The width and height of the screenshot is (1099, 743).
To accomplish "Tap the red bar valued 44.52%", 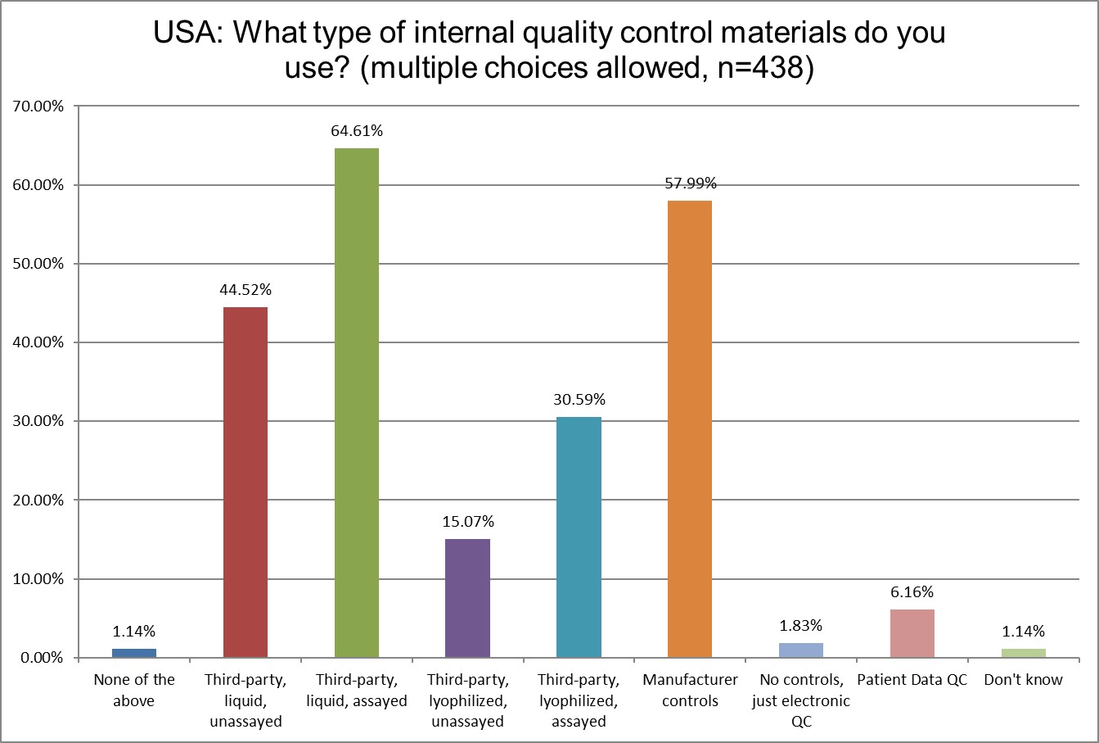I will pyautogui.click(x=245, y=482).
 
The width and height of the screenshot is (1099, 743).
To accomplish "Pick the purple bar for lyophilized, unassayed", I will pyautogui.click(x=468, y=598).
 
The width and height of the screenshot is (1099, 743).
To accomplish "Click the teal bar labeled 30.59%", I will pyautogui.click(x=579, y=537).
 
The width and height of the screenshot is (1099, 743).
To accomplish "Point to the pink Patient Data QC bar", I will pyautogui.click(x=912, y=633).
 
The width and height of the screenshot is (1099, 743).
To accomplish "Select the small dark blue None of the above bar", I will pyautogui.click(x=134, y=653).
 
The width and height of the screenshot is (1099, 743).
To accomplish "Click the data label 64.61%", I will pyautogui.click(x=357, y=131).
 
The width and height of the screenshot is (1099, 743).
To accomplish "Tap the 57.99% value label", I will pyautogui.click(x=690, y=183).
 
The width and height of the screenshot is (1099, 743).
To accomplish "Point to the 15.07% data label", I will pyautogui.click(x=468, y=522).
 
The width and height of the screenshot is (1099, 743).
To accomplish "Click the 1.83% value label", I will pyautogui.click(x=801, y=626).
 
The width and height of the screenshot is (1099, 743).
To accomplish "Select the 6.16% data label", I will pyautogui.click(x=912, y=592).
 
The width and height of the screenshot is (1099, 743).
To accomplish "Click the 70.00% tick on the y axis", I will pyautogui.click(x=35, y=106).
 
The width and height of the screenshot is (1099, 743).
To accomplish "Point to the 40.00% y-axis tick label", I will pyautogui.click(x=35, y=342).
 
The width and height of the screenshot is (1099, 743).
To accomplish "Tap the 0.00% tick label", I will pyautogui.click(x=38, y=658).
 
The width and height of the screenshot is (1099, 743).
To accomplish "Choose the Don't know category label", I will pyautogui.click(x=1023, y=680).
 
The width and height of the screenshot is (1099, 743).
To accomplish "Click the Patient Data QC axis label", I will pyautogui.click(x=912, y=680).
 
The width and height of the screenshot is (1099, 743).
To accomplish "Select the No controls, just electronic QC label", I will pyautogui.click(x=801, y=700).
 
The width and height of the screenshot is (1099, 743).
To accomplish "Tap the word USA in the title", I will pyautogui.click(x=188, y=34).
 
